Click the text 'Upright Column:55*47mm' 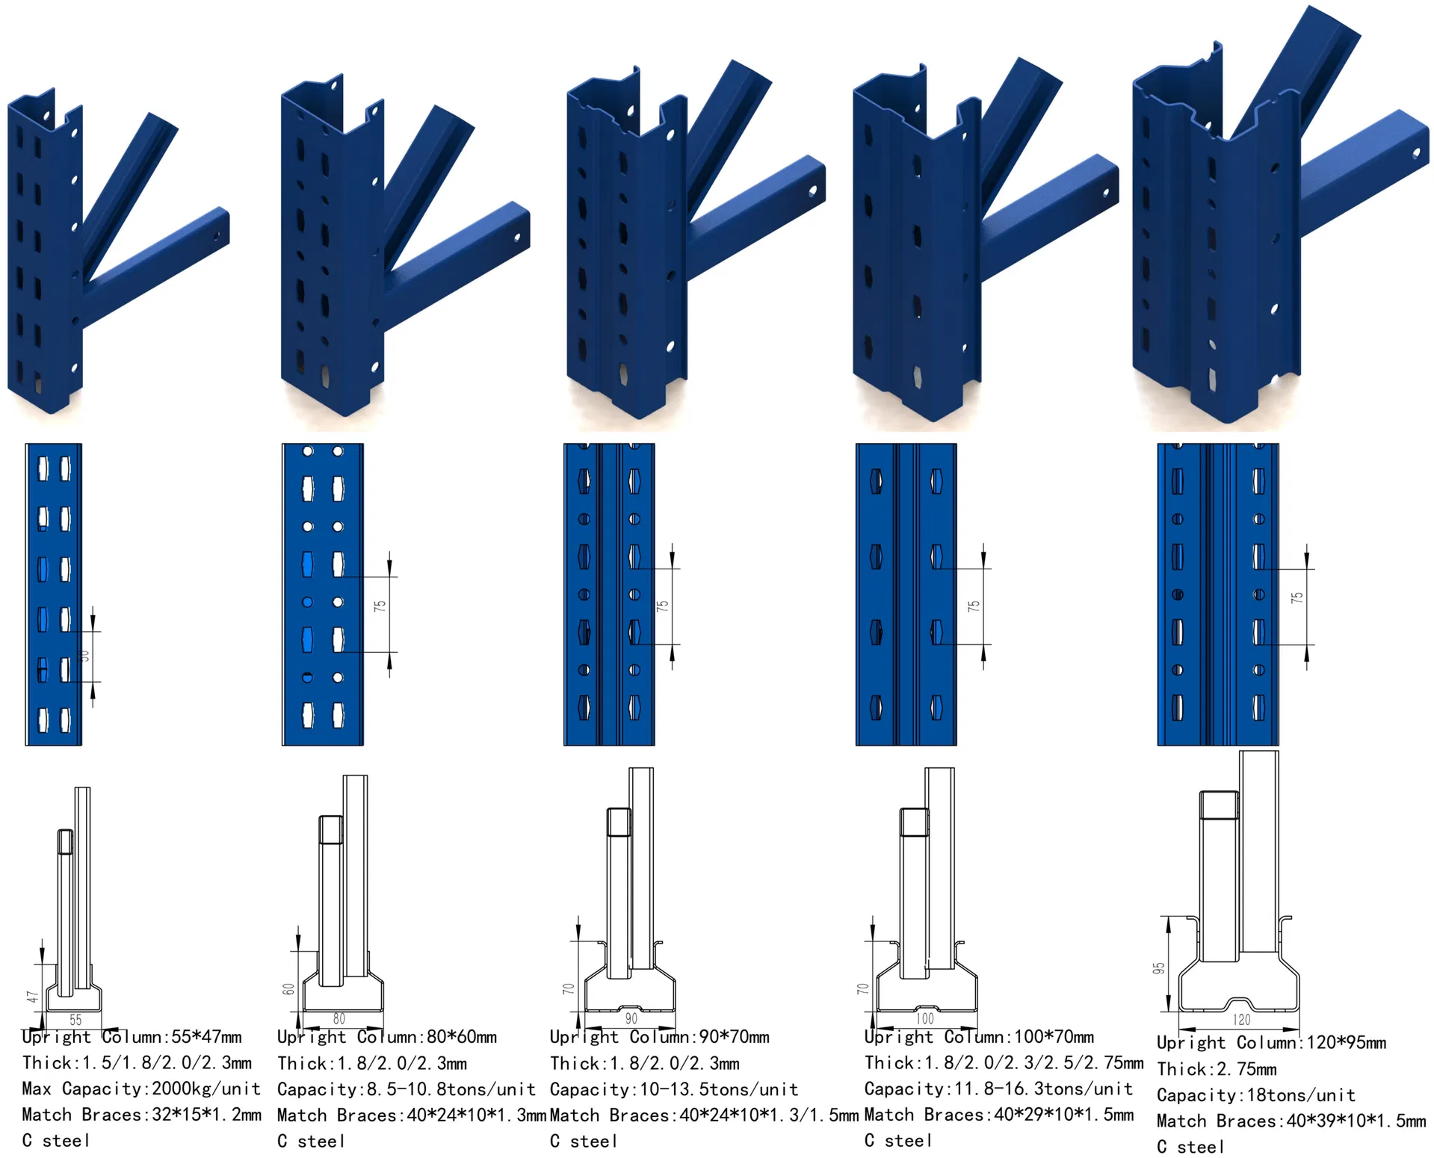pos(132,1037)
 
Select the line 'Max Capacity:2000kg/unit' pos(141,1089)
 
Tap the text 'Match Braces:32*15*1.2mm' pos(142,1115)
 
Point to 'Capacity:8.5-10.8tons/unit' pos(407,1089)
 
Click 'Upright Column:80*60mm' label pos(387,1037)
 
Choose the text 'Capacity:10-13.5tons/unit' pos(674,1089)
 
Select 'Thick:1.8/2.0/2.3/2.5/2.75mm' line pos(1004,1062)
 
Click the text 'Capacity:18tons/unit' pos(1256,1095)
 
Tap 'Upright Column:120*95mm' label pos(1272,1043)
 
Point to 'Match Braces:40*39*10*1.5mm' pos(1291,1121)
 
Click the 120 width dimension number pos(1241,1019)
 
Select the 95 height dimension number pos(1159,968)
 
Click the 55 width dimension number pos(75,1019)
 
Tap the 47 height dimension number pos(32,997)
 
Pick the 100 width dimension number pos(924,1018)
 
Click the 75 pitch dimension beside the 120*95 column pos(1297,598)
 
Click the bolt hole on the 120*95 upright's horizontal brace pos(1415,154)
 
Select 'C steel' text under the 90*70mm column pos(584,1141)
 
